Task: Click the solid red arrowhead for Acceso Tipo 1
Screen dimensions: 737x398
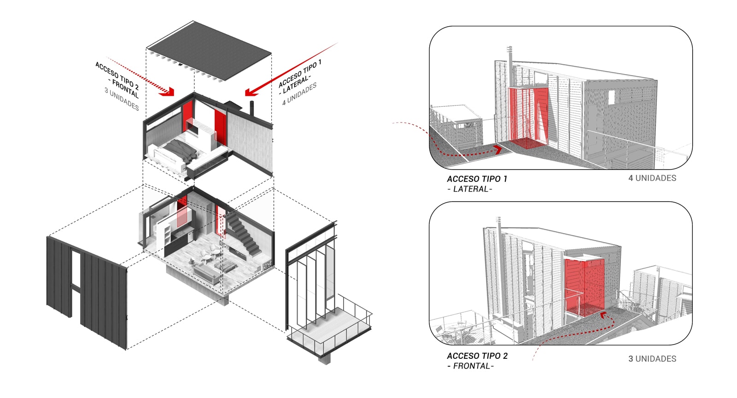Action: tap(251, 92)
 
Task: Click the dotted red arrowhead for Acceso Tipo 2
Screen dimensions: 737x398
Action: tap(168, 92)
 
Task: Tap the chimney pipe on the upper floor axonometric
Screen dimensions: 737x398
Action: tap(252, 109)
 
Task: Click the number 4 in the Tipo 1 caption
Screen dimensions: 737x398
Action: tap(631, 178)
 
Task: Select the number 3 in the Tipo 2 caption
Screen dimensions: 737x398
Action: tap(631, 358)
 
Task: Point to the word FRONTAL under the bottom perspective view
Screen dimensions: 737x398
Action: tap(472, 366)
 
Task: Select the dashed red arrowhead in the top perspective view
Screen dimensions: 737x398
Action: tap(498, 150)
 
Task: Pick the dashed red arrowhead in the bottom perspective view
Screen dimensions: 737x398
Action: tap(603, 316)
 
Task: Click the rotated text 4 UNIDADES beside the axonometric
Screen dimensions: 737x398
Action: tap(299, 94)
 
